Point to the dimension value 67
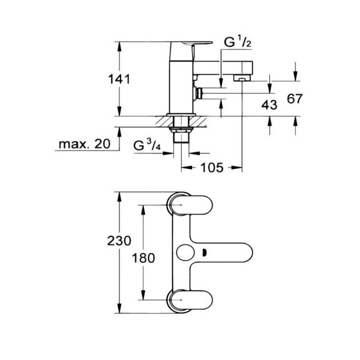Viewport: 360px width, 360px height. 293,99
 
